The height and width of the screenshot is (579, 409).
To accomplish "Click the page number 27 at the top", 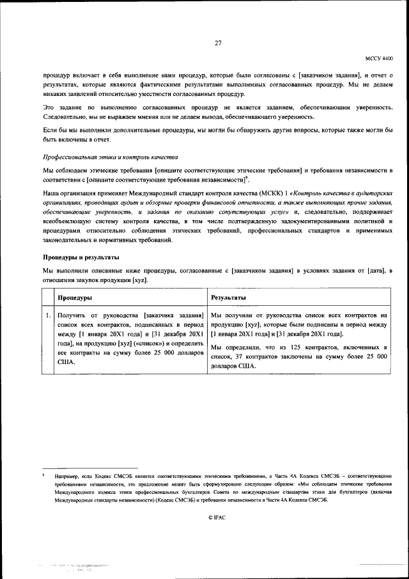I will [218, 44].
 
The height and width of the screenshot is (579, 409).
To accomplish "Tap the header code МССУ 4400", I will [380, 58].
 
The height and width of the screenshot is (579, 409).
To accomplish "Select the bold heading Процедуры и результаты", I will [81, 257].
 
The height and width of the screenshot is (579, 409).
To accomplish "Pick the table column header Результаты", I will [229, 298].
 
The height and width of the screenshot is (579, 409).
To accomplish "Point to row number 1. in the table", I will [49, 315].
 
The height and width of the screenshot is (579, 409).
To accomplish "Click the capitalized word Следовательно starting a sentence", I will [62, 116].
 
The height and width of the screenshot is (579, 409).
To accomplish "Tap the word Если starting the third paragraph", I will [50, 131].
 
